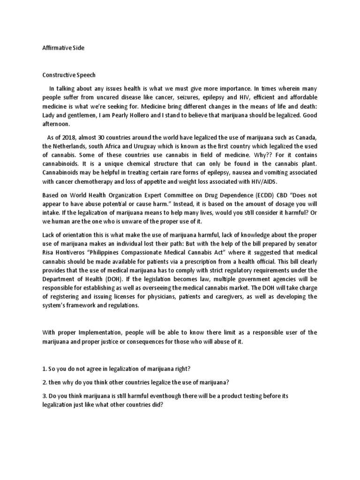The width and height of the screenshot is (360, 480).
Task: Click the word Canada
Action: click(305, 136)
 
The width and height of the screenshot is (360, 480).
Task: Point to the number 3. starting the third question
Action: click(45, 396)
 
